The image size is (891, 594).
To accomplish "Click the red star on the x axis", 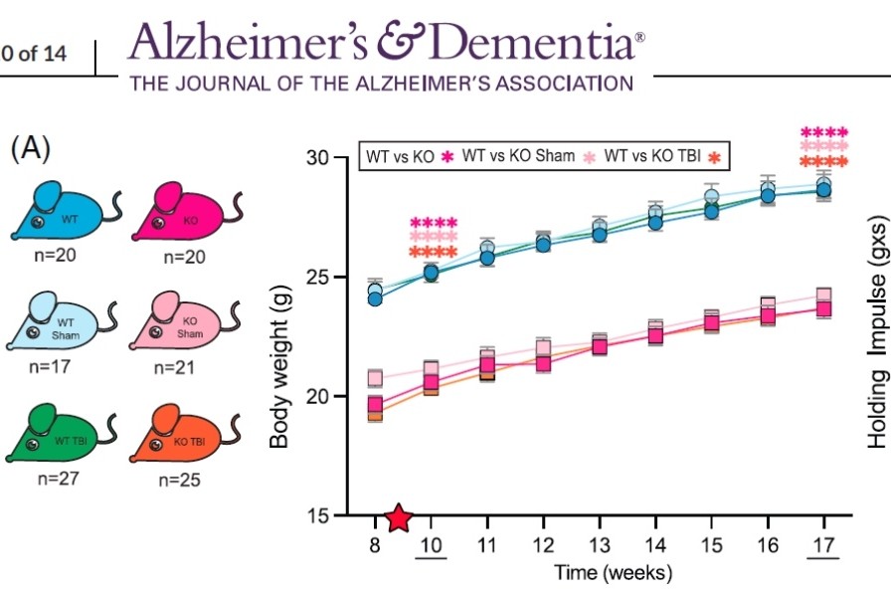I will click(399, 517).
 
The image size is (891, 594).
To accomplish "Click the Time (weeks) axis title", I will click(600, 573).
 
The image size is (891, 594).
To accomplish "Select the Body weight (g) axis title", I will click(280, 336).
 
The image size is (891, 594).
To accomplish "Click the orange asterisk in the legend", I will click(713, 157).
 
